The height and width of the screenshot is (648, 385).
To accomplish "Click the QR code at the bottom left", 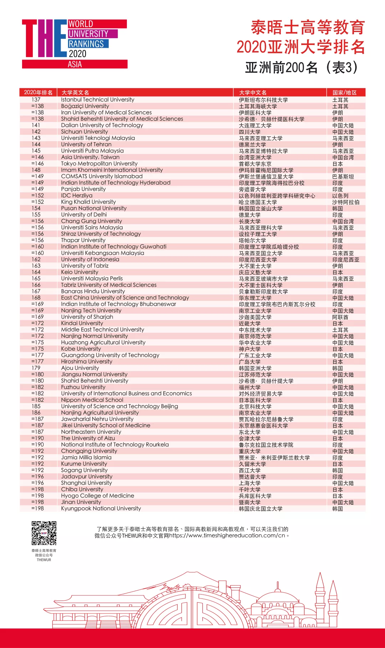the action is tap(44, 533).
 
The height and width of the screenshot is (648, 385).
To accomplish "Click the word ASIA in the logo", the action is tap(75, 65).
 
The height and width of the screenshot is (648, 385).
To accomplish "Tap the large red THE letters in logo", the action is tap(44, 38).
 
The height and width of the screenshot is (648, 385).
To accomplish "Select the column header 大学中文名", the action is tap(253, 93).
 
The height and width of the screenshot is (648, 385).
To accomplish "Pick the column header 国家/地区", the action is tap(344, 93).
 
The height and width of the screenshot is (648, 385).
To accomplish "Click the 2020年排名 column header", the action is tap(38, 93).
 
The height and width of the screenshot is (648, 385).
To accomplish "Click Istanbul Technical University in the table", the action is tap(97, 100).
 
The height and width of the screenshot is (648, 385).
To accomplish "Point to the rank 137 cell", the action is tap(36, 100).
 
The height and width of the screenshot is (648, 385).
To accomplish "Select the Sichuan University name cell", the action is tap(84, 132).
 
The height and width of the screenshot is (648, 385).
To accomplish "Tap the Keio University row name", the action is tap(79, 272).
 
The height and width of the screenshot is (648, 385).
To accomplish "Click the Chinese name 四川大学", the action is tap(250, 132).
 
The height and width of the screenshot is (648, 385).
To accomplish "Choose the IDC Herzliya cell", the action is tap(77, 196).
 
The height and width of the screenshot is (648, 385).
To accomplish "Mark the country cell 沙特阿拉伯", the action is tap(346, 202).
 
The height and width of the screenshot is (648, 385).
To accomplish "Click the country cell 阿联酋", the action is tap(340, 317).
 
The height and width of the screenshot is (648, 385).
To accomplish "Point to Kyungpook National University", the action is tap(101, 509).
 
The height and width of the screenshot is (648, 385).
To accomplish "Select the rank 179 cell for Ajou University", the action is tap(36, 368).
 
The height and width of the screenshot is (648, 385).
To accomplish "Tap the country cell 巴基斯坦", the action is tap(343, 176).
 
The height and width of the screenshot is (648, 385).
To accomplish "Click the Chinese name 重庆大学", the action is tap(250, 451).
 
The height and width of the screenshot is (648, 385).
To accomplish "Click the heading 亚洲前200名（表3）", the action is tap(301, 67).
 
